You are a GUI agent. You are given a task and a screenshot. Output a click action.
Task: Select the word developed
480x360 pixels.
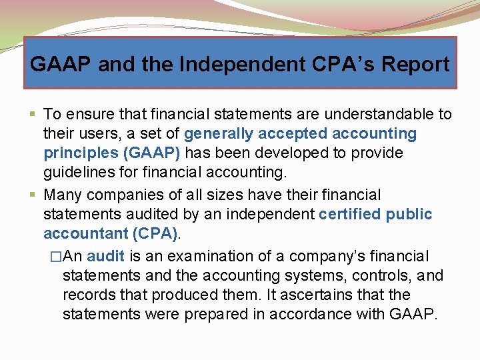tap(292, 153)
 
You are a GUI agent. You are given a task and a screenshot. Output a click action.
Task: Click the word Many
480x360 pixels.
tap(64, 195)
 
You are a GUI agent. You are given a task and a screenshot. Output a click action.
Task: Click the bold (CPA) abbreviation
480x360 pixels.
tap(157, 234)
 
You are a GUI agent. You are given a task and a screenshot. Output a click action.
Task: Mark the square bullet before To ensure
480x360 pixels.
tap(33, 115)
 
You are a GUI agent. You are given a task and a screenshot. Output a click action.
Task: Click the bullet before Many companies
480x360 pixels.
tap(33, 195)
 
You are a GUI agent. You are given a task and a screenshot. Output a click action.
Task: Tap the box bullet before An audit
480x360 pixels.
tap(55, 257)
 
